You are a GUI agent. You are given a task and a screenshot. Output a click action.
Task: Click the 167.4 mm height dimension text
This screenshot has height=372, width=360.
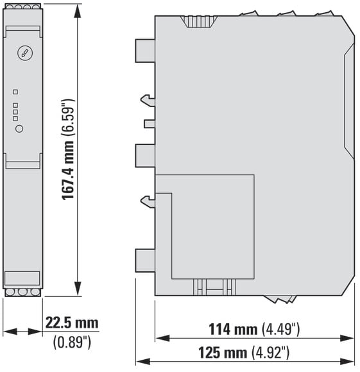(x=68, y=170)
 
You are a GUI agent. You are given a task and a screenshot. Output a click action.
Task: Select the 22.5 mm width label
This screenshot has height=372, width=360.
(x=72, y=323)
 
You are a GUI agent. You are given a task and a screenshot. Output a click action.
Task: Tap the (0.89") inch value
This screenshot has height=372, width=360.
(x=72, y=342)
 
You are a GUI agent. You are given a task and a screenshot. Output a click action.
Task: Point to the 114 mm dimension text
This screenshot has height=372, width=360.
(x=233, y=329)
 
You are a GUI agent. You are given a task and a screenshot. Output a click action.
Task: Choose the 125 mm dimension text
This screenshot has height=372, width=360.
(x=223, y=353)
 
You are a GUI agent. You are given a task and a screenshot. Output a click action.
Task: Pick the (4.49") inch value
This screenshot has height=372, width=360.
(x=280, y=329)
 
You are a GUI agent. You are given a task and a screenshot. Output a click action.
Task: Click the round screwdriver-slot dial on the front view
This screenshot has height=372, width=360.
(x=25, y=53)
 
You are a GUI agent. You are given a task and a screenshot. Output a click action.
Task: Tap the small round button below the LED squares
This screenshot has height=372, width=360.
(x=19, y=129)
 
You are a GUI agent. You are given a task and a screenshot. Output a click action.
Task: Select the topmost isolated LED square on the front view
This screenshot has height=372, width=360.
(x=15, y=92)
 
